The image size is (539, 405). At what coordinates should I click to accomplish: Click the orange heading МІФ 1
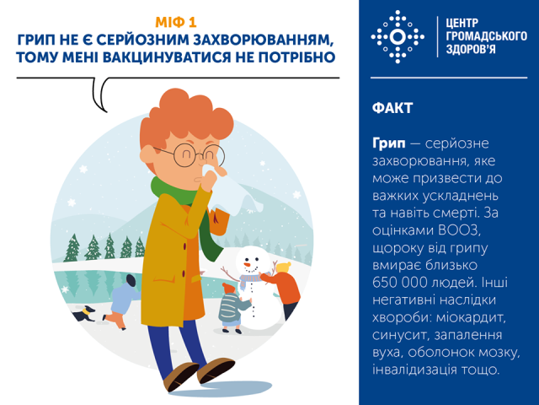point(176,23)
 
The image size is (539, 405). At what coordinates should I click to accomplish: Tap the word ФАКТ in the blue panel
point(392,108)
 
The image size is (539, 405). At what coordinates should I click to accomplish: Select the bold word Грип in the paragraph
point(389,143)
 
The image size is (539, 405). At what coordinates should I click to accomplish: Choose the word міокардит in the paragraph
point(472,317)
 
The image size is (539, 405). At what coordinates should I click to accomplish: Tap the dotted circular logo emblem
point(398,37)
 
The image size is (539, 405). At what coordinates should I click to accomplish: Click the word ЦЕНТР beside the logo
point(462,23)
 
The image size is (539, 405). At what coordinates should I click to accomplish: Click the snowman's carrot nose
point(248,265)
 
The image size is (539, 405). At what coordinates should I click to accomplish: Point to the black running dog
point(83,313)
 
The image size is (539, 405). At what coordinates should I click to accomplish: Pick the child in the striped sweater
point(233,308)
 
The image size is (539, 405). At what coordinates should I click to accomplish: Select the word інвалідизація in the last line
point(415,370)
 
